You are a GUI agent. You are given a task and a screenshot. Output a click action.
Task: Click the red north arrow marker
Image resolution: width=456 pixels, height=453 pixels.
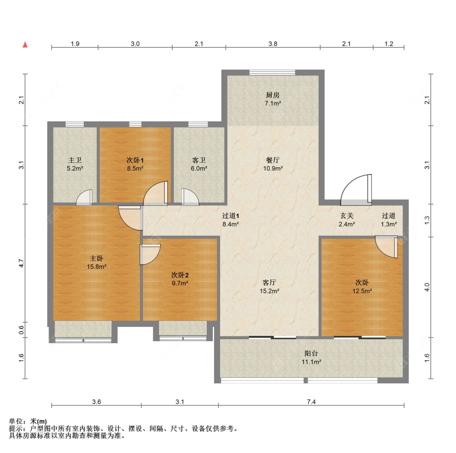[x=25, y=45]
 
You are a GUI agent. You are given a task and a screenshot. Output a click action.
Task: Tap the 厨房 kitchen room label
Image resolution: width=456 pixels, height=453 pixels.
[x=273, y=95]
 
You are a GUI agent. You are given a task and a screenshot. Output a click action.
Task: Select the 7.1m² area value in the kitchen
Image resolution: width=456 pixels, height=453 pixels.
[x=273, y=103]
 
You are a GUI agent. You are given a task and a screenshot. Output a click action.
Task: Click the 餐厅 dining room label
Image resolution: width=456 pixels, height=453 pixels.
[x=273, y=160]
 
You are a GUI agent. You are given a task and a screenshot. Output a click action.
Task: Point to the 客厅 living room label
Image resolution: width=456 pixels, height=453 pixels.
[x=270, y=282]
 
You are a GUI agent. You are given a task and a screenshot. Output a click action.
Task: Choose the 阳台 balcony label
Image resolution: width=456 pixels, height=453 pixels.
[x=311, y=353]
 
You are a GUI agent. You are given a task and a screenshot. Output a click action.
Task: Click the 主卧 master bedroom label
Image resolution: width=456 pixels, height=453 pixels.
[x=96, y=258]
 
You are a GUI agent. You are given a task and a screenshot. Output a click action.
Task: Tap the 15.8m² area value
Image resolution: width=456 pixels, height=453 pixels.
[x=96, y=267]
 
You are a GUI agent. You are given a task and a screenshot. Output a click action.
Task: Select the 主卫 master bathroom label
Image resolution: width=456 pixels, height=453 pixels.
[x=75, y=160]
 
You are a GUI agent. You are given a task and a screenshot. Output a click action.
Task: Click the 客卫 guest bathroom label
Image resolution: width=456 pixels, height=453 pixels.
[x=199, y=160]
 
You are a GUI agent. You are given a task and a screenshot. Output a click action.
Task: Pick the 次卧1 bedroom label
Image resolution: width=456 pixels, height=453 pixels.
[x=135, y=160]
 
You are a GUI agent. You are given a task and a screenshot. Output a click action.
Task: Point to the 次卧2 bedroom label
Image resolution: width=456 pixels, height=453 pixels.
[x=180, y=275]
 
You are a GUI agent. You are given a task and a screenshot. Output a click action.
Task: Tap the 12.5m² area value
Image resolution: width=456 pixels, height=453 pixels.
[x=362, y=291]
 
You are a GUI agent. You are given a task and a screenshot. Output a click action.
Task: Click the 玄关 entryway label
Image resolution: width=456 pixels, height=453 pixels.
[x=347, y=216]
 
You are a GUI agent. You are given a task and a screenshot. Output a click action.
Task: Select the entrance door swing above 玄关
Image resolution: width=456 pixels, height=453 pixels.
[x=356, y=190]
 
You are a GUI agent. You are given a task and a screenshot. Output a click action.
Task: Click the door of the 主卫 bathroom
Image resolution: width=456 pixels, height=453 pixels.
[x=84, y=197]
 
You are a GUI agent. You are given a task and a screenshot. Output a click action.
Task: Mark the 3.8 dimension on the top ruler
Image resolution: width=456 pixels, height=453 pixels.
[x=273, y=44]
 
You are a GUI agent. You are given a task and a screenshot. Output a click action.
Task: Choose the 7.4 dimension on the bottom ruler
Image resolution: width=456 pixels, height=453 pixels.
[x=311, y=402]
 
